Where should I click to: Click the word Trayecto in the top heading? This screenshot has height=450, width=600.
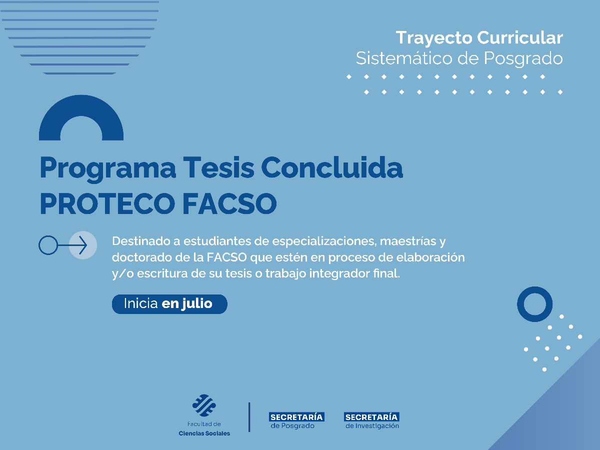433,38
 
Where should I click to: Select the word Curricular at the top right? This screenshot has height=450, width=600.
520,37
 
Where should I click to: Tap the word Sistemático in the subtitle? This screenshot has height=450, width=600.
403,58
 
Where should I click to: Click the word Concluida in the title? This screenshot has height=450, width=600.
332,168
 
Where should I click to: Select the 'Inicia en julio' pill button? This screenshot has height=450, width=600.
169,303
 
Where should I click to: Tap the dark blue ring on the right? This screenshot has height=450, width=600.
534,304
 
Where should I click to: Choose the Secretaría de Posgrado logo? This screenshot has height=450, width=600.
296,420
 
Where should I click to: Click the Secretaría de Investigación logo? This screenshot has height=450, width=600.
371,420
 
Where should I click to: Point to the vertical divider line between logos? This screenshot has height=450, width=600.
249,417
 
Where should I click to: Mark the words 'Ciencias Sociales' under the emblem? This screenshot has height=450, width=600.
204,433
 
